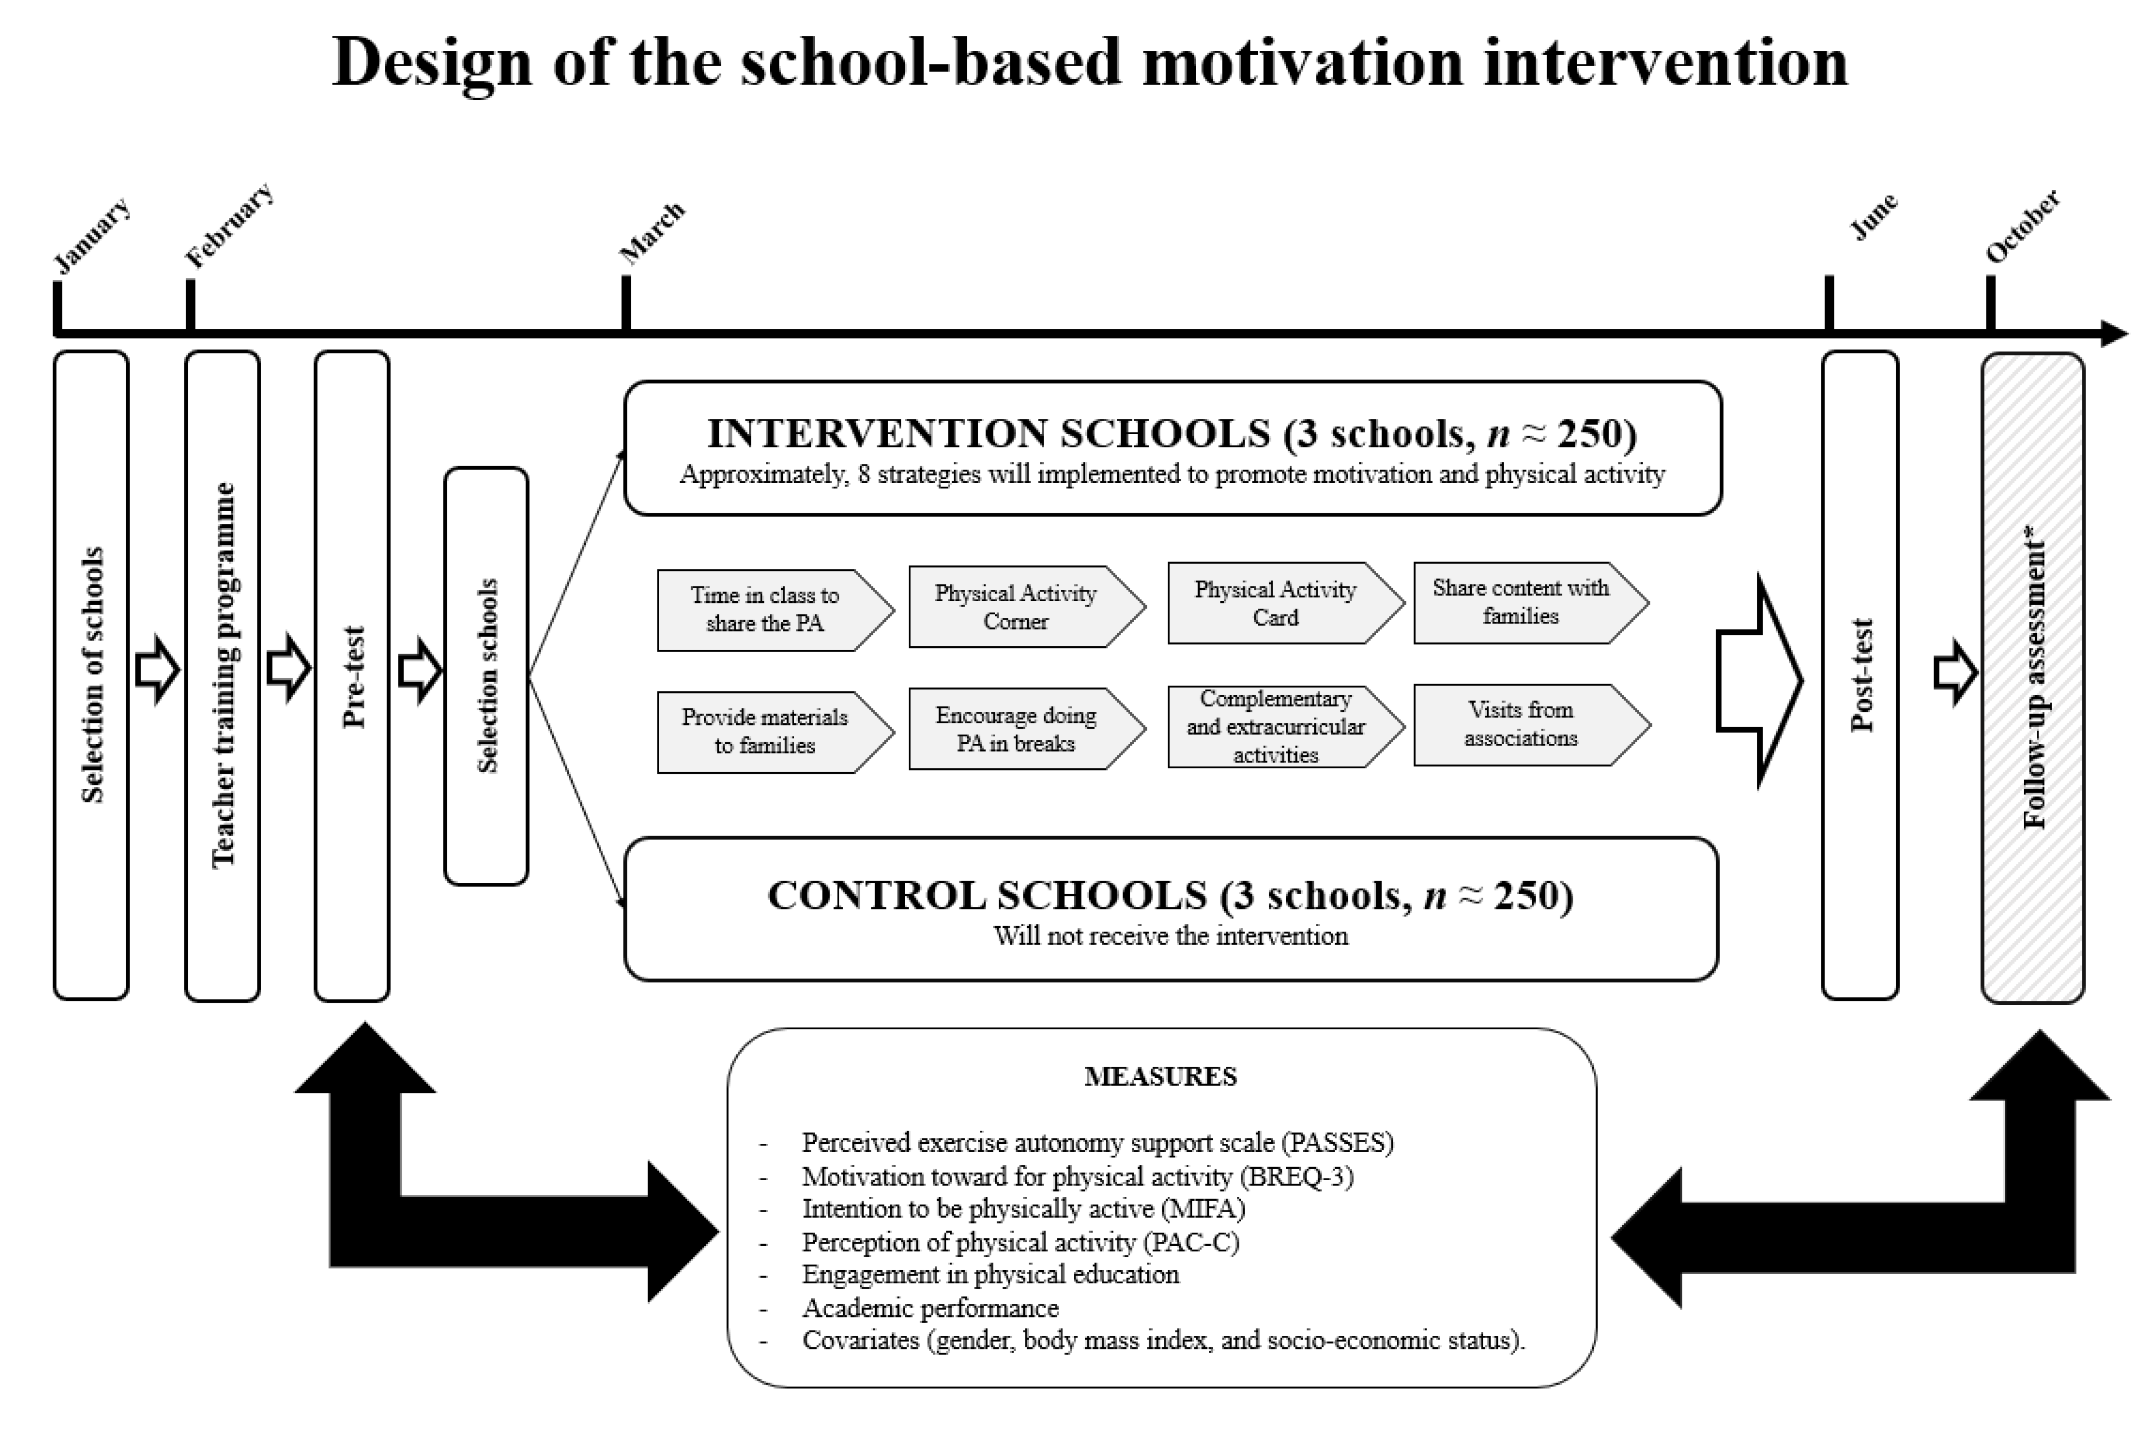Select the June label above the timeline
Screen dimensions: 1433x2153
(1873, 216)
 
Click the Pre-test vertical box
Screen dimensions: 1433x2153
(352, 676)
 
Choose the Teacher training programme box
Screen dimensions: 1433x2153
(222, 676)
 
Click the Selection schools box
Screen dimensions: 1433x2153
(486, 676)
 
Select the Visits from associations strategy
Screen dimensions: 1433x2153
(1521, 724)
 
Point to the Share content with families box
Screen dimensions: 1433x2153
(1521, 602)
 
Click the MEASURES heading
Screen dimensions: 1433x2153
(1160, 1077)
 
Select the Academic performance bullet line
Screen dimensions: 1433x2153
(930, 1308)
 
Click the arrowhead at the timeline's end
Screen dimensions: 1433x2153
(2114, 334)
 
